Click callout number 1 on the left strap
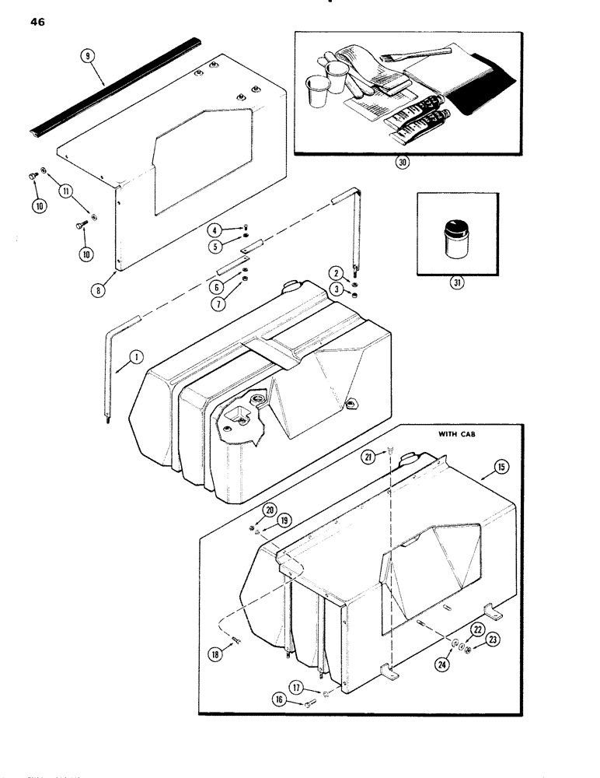[x=134, y=358]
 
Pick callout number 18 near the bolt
[x=218, y=654]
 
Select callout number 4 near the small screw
[x=213, y=228]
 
